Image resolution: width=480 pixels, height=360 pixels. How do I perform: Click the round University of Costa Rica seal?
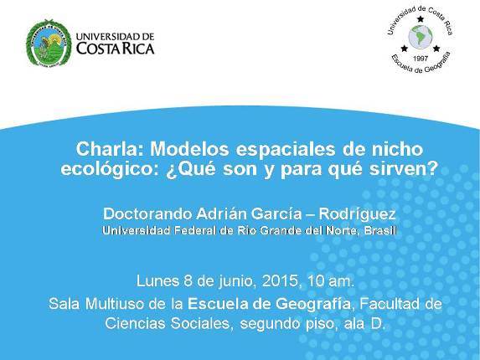coord(49,44)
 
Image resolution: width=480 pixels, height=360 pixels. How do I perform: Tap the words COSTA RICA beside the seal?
coord(115,49)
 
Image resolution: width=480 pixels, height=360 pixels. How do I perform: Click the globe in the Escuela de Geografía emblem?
coord(421,38)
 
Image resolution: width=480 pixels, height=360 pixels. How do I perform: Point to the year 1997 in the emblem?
coord(421,58)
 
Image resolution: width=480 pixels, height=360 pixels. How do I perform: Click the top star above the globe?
coord(421,19)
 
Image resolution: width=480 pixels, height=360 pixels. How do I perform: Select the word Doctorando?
coord(148,213)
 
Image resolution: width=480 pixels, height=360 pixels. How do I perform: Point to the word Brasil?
coord(380,230)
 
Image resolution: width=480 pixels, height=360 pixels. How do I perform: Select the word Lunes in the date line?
coord(157,281)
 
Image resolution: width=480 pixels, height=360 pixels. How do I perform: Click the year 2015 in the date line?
coord(281,281)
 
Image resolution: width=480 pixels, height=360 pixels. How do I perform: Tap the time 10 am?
coord(330,281)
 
